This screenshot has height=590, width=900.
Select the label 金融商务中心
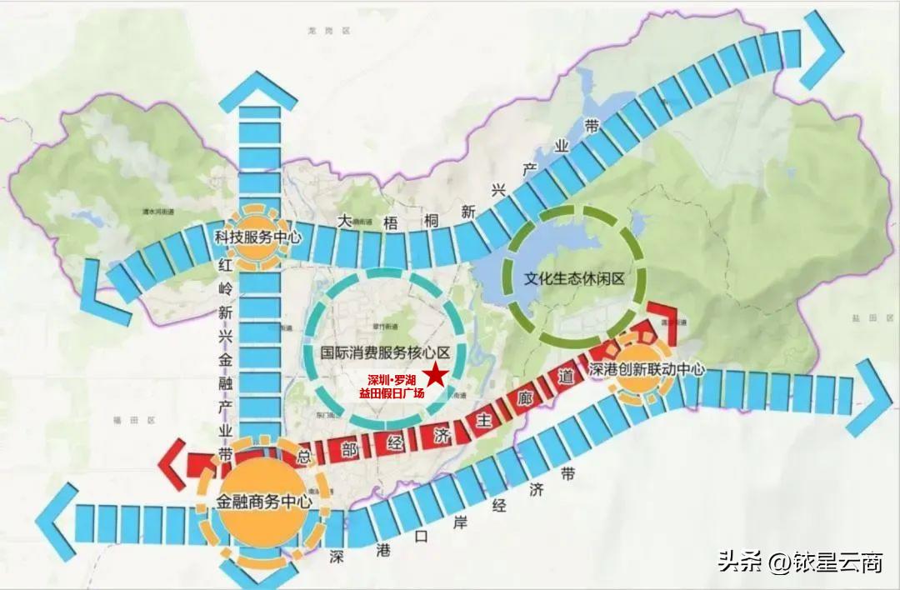click(x=264, y=502)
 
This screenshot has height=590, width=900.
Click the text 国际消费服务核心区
click(x=386, y=352)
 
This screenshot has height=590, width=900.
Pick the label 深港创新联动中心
click(x=647, y=369)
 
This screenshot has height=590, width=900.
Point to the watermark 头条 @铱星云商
click(x=800, y=562)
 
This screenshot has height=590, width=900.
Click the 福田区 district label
click(x=123, y=421)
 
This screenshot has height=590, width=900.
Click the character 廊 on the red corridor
click(x=525, y=398)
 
